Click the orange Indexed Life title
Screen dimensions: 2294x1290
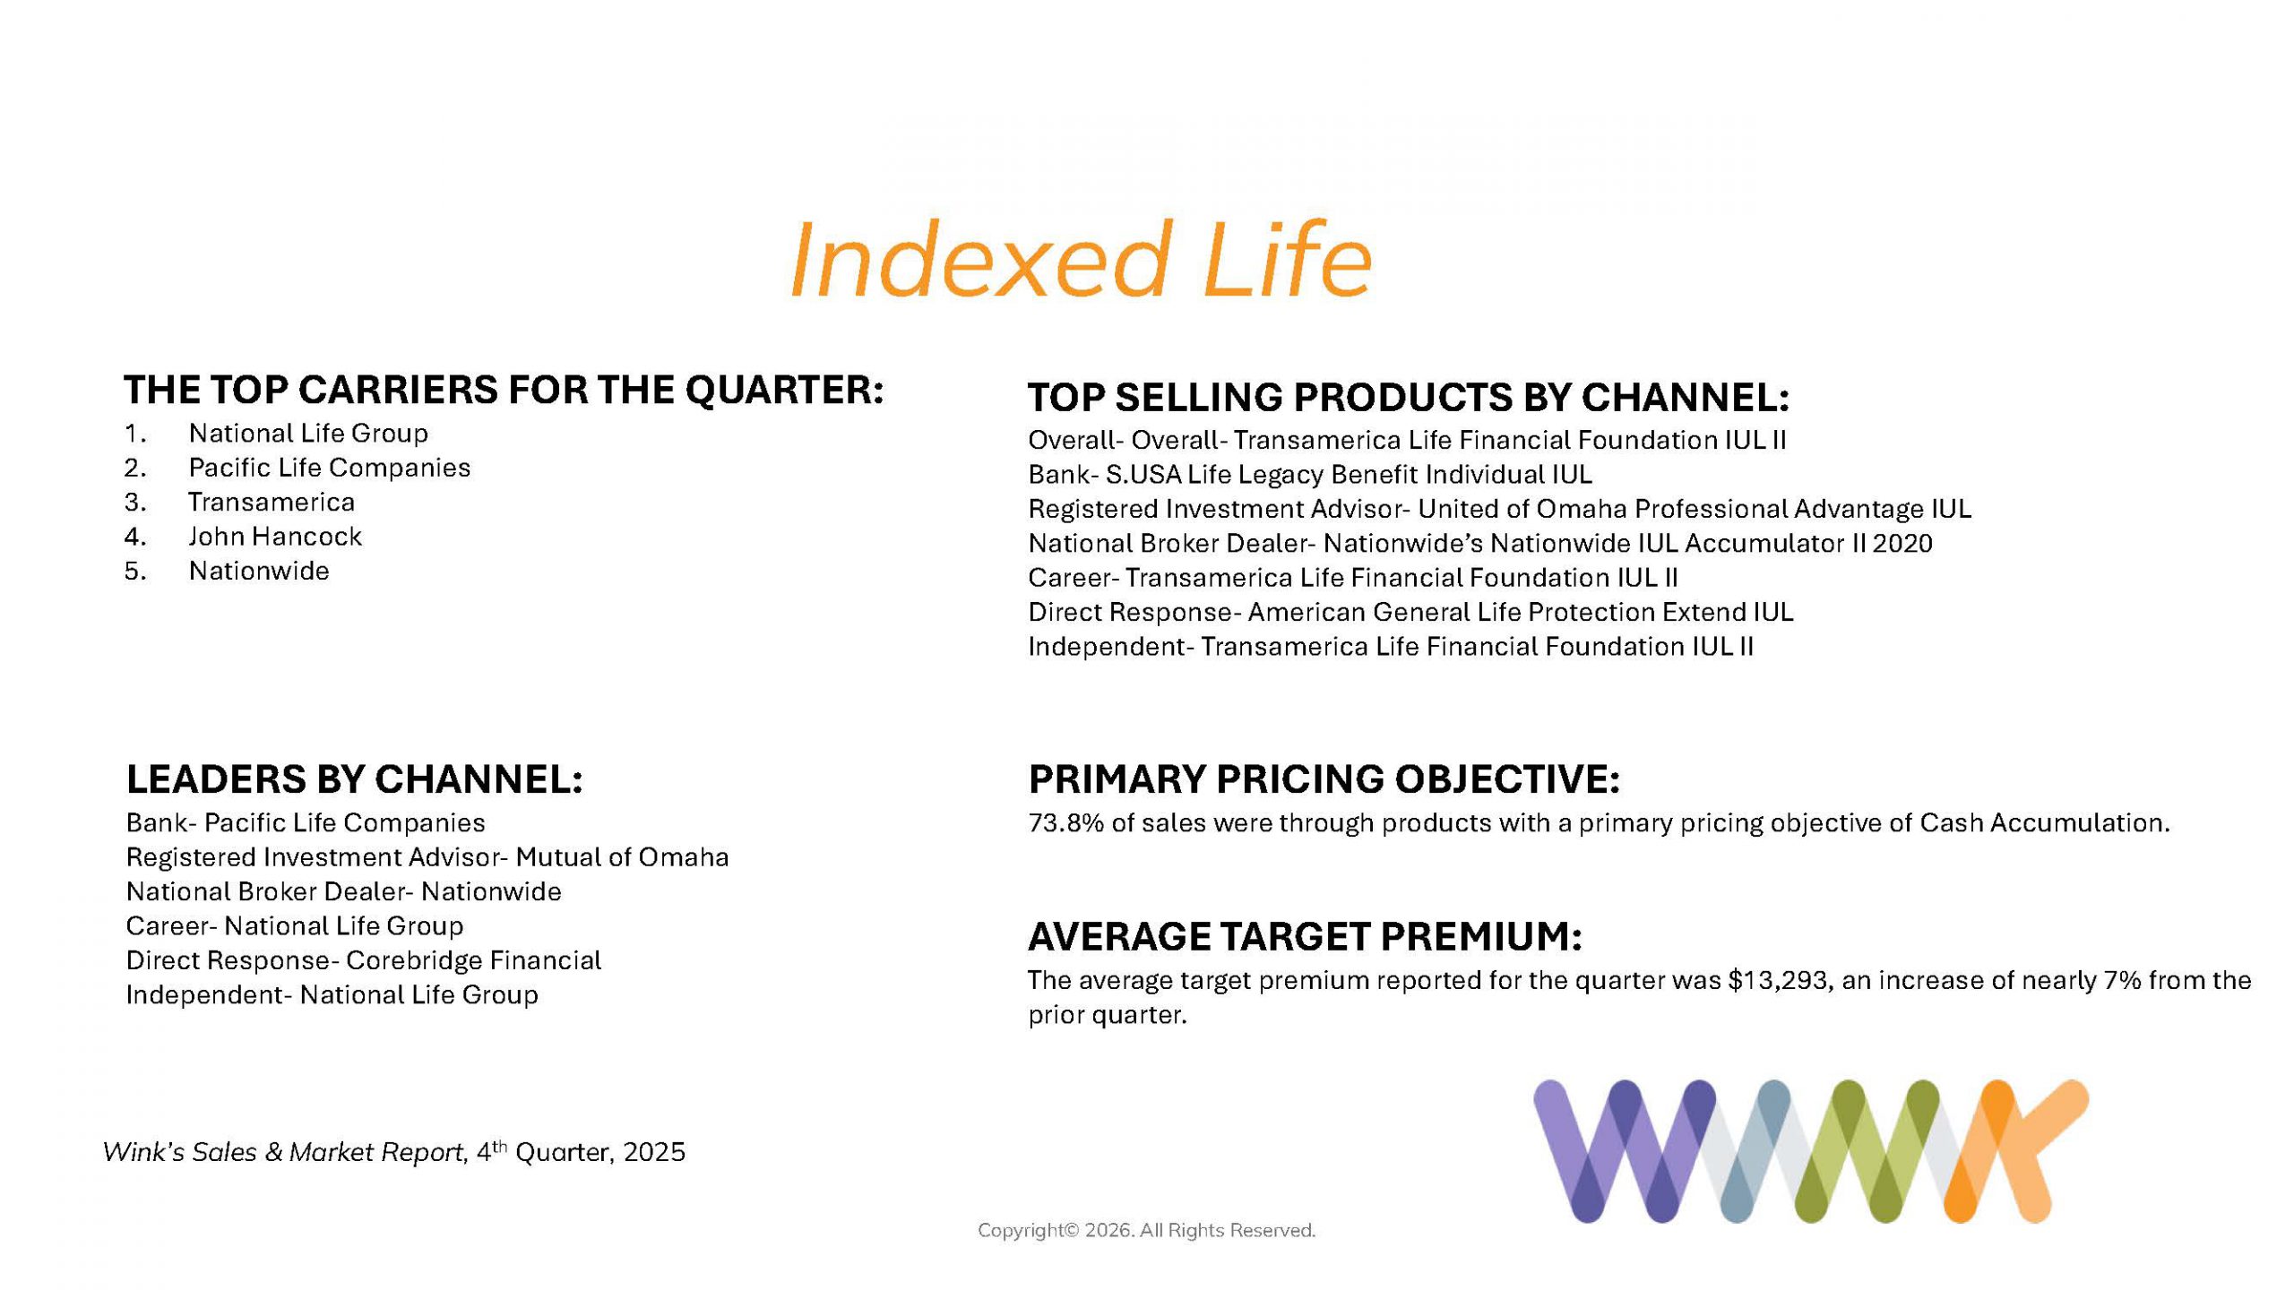(1080, 260)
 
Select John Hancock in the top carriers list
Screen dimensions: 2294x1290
(275, 537)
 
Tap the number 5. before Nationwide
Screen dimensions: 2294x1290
(135, 571)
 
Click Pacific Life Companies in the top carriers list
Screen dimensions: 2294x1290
(329, 468)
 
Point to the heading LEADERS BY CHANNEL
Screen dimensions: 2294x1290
(355, 779)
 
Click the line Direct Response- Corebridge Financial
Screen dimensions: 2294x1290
(364, 960)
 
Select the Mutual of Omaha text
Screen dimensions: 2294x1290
(622, 857)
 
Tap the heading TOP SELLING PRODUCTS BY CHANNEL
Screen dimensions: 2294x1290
(1409, 398)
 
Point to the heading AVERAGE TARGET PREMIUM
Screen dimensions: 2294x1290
(1306, 937)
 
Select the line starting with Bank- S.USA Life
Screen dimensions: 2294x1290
(1310, 474)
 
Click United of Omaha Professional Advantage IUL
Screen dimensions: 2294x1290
(1695, 509)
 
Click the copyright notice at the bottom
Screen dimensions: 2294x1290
(1147, 1231)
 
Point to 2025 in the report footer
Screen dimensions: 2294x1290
(654, 1152)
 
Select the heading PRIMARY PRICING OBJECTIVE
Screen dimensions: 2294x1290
(1324, 779)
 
